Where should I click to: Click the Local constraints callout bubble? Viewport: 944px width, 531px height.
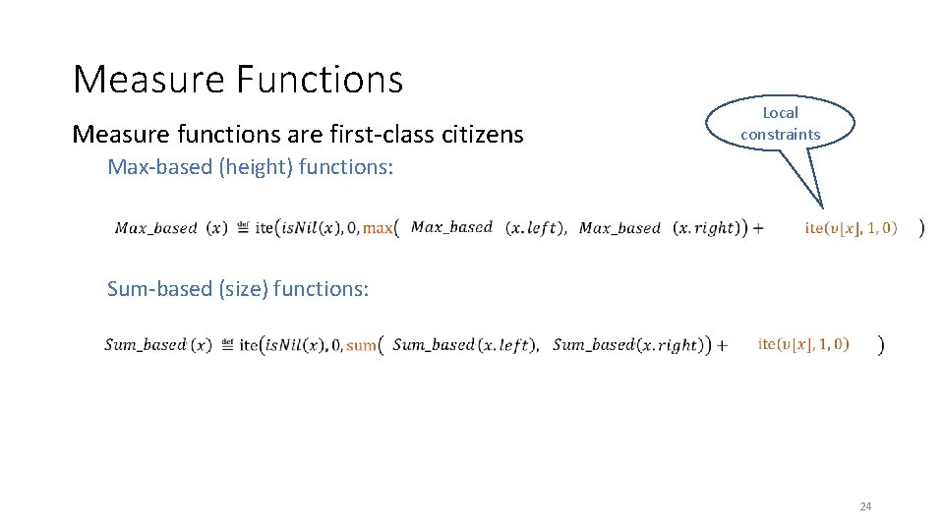click(x=781, y=123)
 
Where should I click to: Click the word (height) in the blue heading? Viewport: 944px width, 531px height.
click(x=241, y=167)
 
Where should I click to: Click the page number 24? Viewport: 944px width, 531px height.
click(x=865, y=506)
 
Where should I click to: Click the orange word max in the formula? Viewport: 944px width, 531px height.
click(x=377, y=228)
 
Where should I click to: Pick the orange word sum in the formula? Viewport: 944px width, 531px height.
click(x=361, y=345)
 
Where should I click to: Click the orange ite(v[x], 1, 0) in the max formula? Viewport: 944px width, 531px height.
click(x=851, y=228)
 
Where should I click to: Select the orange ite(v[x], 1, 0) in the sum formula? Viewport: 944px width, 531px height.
click(x=803, y=344)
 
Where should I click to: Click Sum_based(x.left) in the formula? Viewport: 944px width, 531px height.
click(x=464, y=345)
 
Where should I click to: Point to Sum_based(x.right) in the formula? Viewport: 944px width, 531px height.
click(x=627, y=345)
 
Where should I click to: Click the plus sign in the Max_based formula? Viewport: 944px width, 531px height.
click(x=757, y=228)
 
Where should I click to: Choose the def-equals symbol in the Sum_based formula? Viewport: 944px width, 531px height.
click(x=227, y=344)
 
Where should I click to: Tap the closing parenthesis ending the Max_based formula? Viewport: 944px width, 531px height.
click(x=920, y=228)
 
